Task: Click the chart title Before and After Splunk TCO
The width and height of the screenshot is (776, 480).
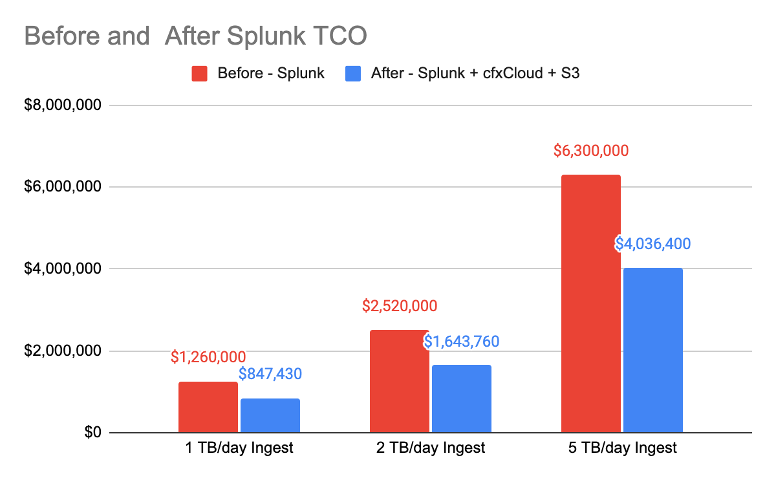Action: [195, 35]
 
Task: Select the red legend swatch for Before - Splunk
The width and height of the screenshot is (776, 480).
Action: [199, 73]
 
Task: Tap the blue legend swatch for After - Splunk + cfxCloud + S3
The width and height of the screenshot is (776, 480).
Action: [352, 73]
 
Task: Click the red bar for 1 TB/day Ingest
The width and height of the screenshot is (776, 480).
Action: [208, 408]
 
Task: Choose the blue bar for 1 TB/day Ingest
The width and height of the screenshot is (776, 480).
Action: [270, 416]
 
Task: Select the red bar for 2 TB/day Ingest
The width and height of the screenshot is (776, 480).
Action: [399, 382]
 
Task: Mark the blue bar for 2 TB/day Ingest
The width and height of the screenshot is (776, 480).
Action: [462, 399]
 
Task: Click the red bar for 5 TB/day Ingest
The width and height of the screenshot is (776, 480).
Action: [591, 304]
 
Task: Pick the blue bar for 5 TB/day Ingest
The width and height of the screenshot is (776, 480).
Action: [653, 350]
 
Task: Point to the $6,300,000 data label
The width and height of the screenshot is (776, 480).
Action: [591, 151]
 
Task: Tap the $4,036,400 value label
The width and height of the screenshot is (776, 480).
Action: [652, 244]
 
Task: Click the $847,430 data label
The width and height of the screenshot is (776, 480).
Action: [270, 373]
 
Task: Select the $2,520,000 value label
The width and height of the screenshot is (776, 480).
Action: [400, 305]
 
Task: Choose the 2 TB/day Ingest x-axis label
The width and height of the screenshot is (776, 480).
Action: [431, 448]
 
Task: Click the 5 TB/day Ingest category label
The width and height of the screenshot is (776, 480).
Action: [622, 448]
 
